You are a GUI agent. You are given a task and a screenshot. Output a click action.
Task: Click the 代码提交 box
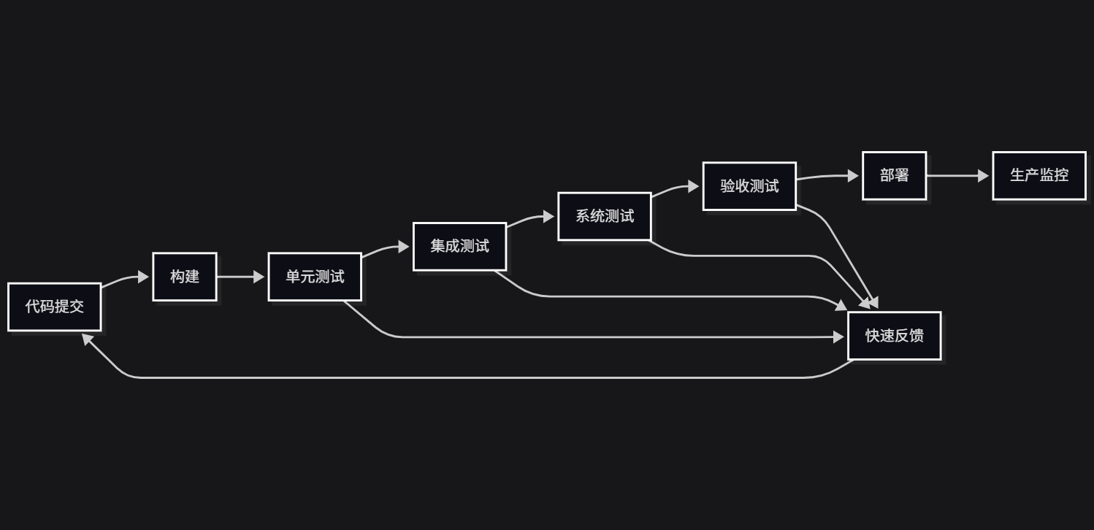pyautogui.click(x=55, y=307)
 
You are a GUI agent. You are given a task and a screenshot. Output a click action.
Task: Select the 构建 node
pyautogui.click(x=185, y=277)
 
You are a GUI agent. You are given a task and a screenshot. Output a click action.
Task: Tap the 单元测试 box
pyautogui.click(x=315, y=277)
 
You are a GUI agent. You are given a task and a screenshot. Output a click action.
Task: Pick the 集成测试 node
pyautogui.click(x=459, y=247)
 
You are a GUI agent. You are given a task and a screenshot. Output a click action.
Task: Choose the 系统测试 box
pyautogui.click(x=605, y=216)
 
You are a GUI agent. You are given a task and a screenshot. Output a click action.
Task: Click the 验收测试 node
pyautogui.click(x=749, y=186)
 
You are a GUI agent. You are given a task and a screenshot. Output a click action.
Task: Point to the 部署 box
pyautogui.click(x=895, y=176)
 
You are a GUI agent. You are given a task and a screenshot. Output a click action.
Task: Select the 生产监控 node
pyautogui.click(x=1039, y=176)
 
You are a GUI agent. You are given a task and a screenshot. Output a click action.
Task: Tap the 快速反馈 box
pyautogui.click(x=895, y=336)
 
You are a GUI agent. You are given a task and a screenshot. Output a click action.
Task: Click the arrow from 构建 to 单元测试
pyautogui.click(x=240, y=277)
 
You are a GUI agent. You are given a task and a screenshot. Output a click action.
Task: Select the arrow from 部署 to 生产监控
pyautogui.click(x=957, y=176)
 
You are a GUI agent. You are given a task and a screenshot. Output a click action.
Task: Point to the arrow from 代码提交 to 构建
pyautogui.click(x=124, y=279)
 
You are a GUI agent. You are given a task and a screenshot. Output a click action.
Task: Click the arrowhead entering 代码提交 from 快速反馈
pyautogui.click(x=87, y=339)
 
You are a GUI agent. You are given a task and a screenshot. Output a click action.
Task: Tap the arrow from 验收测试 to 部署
pyautogui.click(x=825, y=177)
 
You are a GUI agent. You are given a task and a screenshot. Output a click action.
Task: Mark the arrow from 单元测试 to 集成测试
pyautogui.click(x=385, y=250)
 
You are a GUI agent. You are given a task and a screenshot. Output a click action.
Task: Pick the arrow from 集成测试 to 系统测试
pyautogui.click(x=529, y=219)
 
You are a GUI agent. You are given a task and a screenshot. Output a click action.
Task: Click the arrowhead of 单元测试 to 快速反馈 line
pyautogui.click(x=838, y=337)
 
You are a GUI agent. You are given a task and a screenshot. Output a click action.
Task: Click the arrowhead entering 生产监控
pyautogui.click(x=983, y=176)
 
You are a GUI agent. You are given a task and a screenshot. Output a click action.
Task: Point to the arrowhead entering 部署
pyautogui.click(x=853, y=176)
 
